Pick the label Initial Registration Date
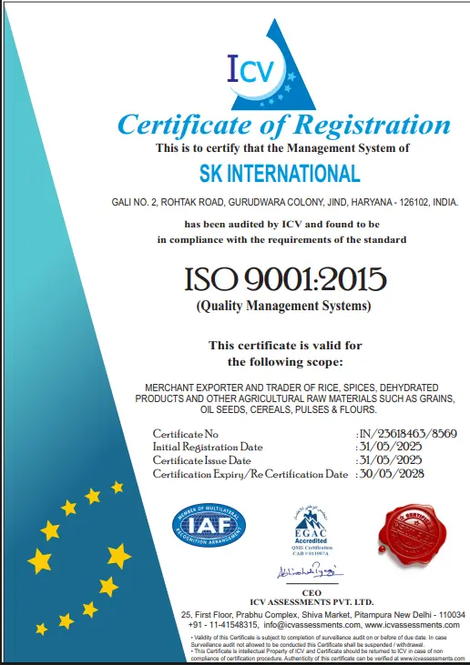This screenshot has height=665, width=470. coord(208,447)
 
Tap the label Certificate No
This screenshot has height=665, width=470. coord(186,433)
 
